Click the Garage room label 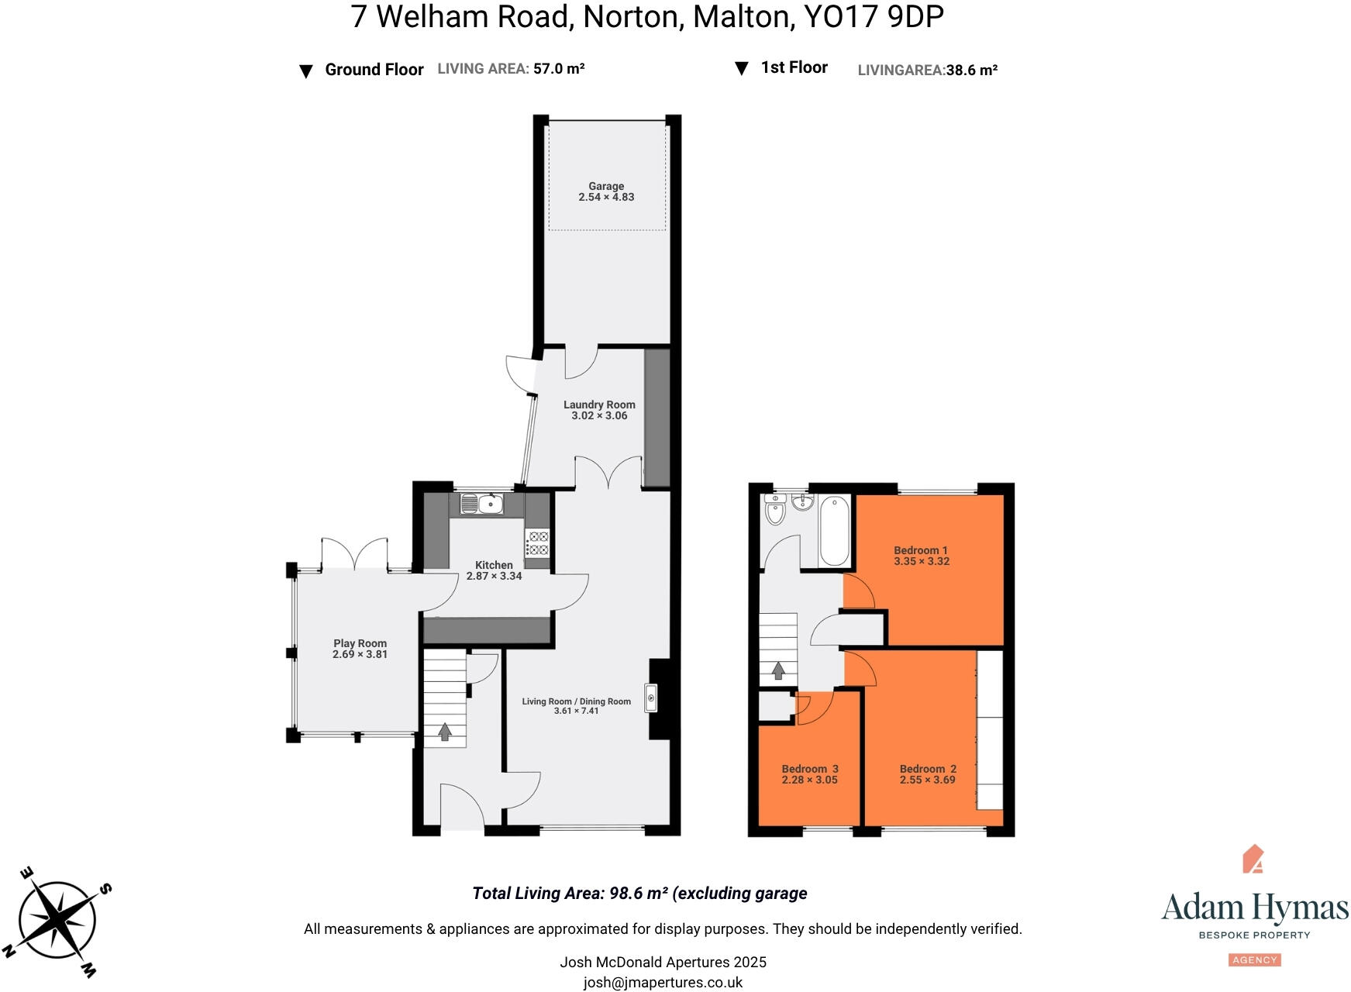(x=605, y=186)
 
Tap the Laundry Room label (x=599, y=405)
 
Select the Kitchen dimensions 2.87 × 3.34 (x=494, y=577)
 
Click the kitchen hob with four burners (x=537, y=543)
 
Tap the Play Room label (x=360, y=643)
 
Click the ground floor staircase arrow (x=445, y=732)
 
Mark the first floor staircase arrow (x=777, y=670)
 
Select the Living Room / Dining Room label (x=576, y=701)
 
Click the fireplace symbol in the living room (x=651, y=698)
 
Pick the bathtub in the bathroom (x=834, y=531)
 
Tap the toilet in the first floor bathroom (x=775, y=511)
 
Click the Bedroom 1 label (x=921, y=550)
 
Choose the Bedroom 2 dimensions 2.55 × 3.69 (x=927, y=780)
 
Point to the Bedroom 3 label (x=809, y=769)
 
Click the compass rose (x=57, y=921)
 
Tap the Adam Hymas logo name (x=1254, y=908)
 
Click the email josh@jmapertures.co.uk (x=663, y=983)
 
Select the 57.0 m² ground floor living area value (x=559, y=69)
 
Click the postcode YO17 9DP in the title (x=874, y=17)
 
